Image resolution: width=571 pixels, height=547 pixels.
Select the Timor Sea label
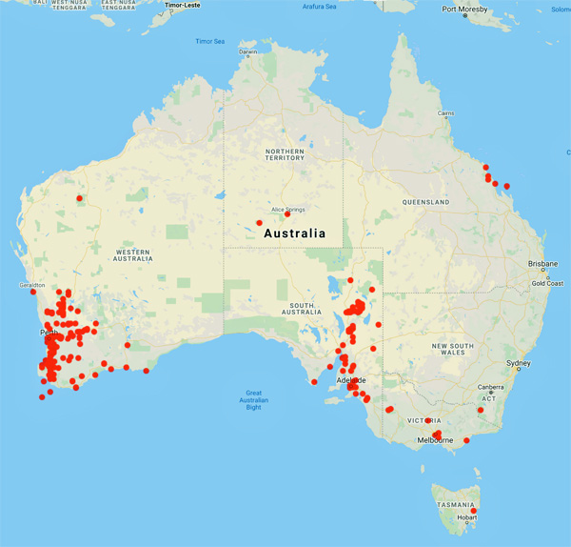coord(209,42)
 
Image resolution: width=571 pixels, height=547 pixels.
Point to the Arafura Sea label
coord(318,7)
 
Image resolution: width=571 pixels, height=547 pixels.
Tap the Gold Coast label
coord(547,283)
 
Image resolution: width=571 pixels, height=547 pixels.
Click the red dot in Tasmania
coord(474,512)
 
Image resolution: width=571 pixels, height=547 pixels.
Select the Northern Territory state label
coord(285,156)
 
